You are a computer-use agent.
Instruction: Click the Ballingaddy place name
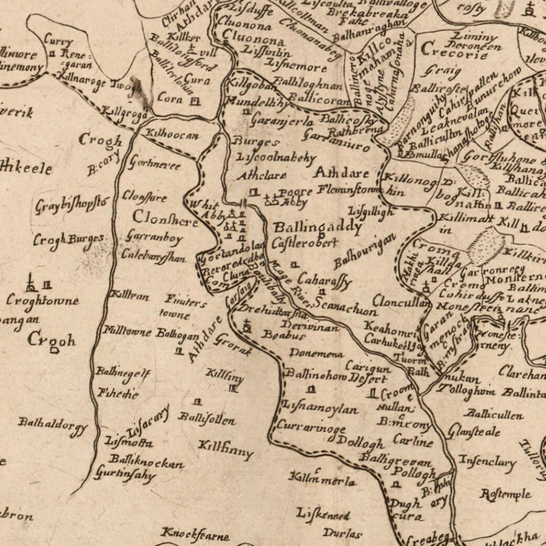[x=317, y=227]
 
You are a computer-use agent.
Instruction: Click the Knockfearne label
[x=195, y=534]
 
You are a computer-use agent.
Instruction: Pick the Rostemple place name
[x=505, y=494]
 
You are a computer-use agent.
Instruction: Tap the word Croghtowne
[x=42, y=300]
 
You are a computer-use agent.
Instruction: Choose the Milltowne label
[x=128, y=332]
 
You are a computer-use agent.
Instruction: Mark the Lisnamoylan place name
[x=320, y=409]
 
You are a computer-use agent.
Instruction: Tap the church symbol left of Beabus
[x=247, y=327]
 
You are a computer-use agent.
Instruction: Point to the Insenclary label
[x=487, y=462]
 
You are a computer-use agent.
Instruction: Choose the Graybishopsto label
[x=71, y=204]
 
